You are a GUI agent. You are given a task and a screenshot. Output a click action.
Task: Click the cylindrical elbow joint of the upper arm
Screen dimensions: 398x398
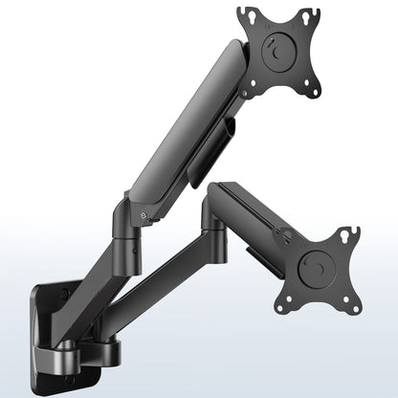(128, 222)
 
